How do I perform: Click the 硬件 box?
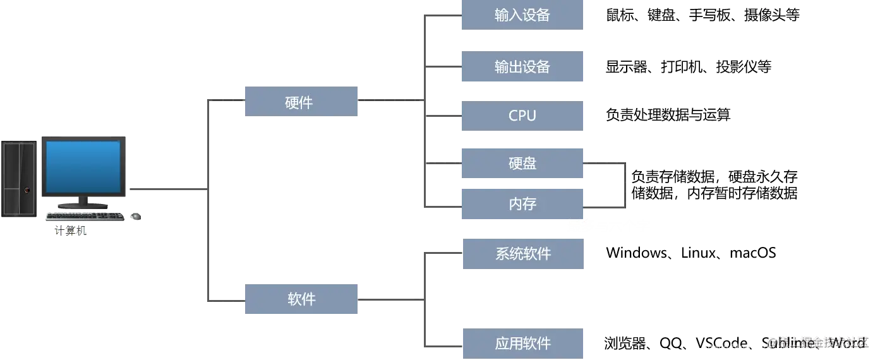coord(300,101)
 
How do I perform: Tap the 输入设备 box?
coord(522,15)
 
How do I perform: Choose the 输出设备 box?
coord(522,68)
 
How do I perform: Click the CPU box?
coord(522,116)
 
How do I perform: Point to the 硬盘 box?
coord(522,164)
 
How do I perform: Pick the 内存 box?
coord(522,204)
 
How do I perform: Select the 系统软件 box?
coord(522,255)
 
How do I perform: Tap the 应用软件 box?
coord(522,344)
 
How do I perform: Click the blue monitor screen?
coord(82,166)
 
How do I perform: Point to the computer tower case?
coord(19,178)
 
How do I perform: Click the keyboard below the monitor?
coord(85,216)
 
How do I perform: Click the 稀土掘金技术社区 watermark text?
coord(818,342)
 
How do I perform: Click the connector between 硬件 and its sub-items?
coord(389,99)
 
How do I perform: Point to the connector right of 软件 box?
coord(389,301)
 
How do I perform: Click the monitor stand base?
coord(83,205)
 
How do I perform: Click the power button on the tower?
coord(27,189)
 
